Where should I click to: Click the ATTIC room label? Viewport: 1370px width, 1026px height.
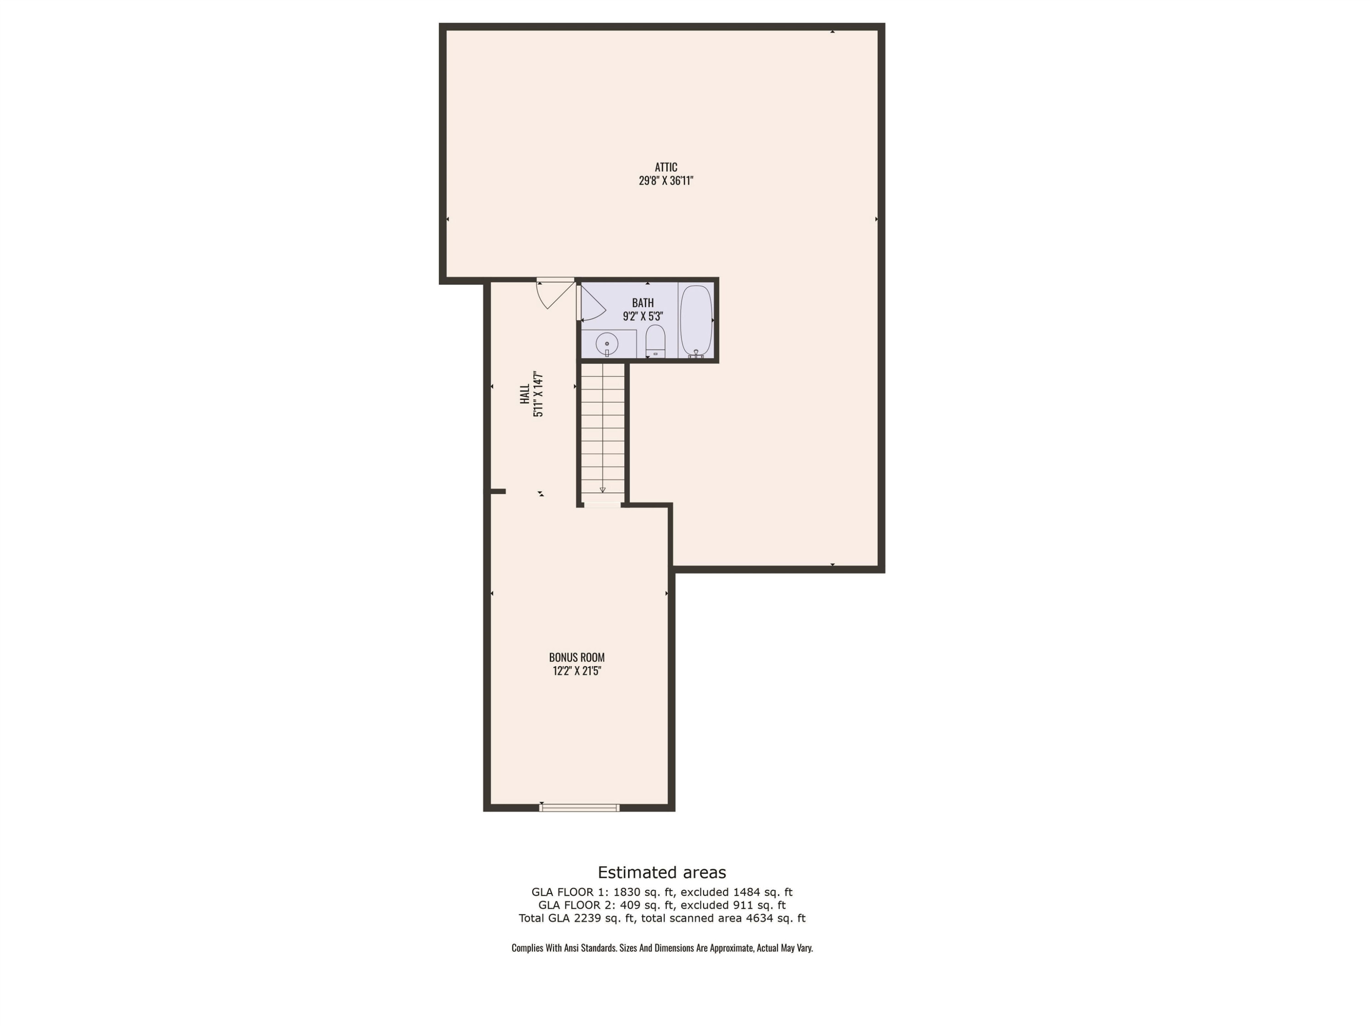[666, 167]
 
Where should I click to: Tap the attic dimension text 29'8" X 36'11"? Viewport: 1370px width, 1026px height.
[666, 181]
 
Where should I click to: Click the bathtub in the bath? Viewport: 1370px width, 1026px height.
[696, 321]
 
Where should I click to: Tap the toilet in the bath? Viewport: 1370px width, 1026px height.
[655, 341]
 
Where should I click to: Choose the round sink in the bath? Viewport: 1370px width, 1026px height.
[607, 344]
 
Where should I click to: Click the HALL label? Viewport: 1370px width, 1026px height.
[525, 395]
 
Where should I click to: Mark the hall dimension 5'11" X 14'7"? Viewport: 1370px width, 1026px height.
[538, 395]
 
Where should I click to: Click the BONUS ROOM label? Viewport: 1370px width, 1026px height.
[577, 657]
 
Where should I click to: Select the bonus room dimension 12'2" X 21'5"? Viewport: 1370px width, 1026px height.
[577, 671]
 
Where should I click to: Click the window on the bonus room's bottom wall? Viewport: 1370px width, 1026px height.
[579, 807]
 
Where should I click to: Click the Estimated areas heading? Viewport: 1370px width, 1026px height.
[661, 873]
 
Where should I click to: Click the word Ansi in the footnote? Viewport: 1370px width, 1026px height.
[571, 948]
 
